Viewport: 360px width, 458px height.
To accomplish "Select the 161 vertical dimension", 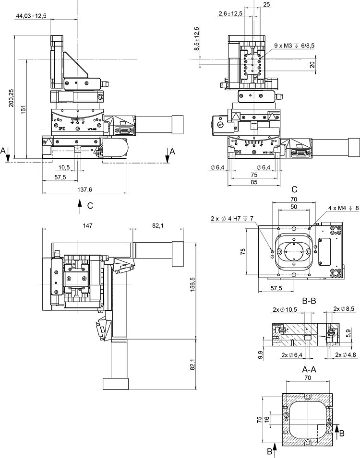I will [x=22, y=109].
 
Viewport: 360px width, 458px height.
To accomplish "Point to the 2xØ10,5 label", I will [x=285, y=309].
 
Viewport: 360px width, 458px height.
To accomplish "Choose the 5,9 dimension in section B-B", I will [x=348, y=331].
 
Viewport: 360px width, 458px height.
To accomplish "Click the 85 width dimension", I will [x=254, y=182].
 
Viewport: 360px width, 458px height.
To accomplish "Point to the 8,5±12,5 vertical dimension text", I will [x=196, y=39].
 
